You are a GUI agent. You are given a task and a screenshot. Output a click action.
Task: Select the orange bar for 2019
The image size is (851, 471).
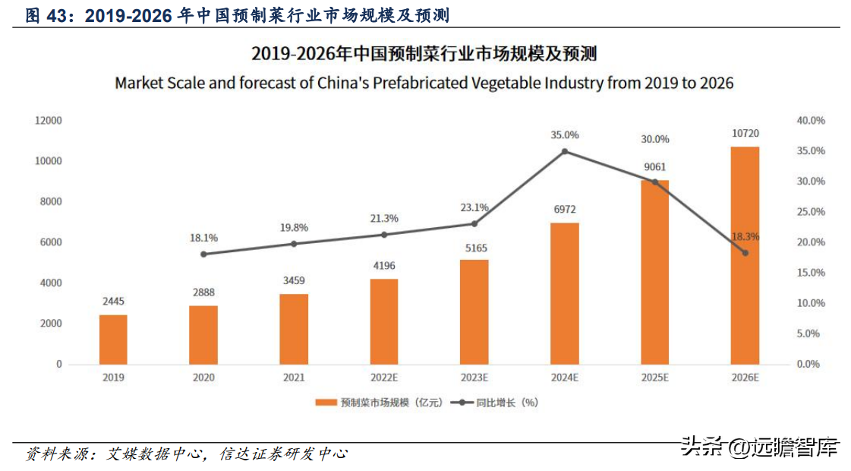pos(113,340)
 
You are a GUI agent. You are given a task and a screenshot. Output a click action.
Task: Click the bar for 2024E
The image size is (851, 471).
pos(564,293)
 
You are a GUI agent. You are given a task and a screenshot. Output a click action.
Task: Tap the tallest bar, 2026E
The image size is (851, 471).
pos(745,255)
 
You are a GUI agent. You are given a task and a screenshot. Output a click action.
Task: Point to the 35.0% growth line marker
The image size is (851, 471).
pos(564,151)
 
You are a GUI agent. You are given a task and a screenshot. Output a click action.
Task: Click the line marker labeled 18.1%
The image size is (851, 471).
pos(203,254)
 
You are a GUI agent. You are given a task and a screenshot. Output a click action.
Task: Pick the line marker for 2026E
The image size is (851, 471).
pos(745,253)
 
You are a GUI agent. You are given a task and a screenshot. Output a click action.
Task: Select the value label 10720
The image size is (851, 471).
pos(745,134)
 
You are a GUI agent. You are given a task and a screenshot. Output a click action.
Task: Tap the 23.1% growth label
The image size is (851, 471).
pos(474,207)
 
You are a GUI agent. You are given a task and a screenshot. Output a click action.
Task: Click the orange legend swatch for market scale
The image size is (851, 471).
pos(326,403)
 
